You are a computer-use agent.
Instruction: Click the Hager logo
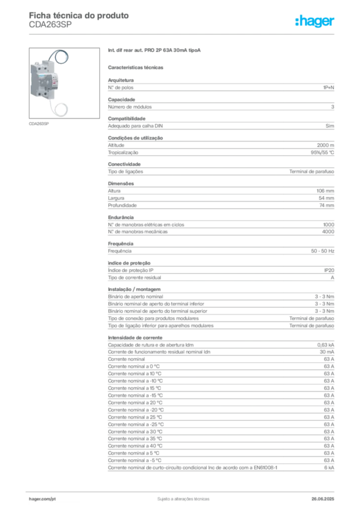pos(315,21)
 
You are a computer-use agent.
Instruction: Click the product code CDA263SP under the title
pos(50,25)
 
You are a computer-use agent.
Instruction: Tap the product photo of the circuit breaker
pos(64,83)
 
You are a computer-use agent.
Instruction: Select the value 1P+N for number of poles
pos(329,87)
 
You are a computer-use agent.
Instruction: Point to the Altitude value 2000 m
pos(326,146)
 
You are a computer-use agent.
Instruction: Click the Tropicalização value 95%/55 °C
pos(322,153)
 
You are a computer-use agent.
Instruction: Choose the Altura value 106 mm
pos(325,191)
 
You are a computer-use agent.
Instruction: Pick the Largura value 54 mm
pos(326,198)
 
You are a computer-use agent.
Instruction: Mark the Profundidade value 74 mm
pos(327,205)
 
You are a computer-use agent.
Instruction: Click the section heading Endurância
pos(121,218)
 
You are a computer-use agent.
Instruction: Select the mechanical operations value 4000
pos(328,232)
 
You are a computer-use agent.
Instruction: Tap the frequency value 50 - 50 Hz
pos(323,251)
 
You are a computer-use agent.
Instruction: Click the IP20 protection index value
pos(329,270)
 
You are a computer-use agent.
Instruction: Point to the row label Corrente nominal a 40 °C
pos(135,446)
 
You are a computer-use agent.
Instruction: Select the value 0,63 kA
pos(326,345)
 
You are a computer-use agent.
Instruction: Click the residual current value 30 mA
pos(327,352)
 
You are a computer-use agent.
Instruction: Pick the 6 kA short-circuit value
pos(329,468)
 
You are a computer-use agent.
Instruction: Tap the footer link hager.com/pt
pos(42,499)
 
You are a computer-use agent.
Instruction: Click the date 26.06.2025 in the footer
pos(323,499)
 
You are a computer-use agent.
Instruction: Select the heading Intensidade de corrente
pos(135,338)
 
